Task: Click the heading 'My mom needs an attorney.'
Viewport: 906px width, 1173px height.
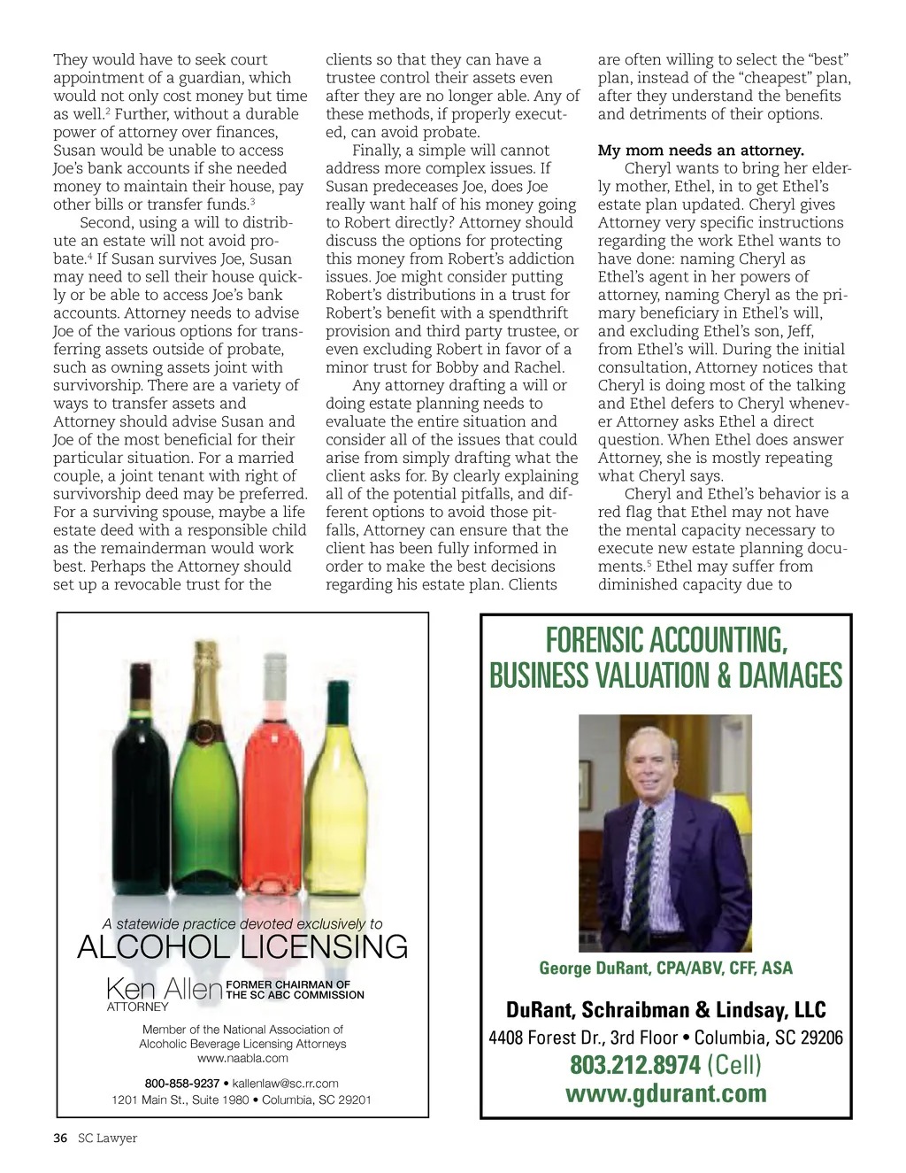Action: point(701,150)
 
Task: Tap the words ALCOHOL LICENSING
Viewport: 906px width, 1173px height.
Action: point(242,948)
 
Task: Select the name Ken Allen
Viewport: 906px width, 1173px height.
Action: point(165,988)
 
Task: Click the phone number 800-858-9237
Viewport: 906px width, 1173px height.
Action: point(182,1083)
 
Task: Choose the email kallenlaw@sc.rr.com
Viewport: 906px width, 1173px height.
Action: point(285,1083)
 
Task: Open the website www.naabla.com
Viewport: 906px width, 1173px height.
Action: point(242,1058)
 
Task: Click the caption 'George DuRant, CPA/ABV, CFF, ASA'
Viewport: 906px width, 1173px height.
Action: point(666,968)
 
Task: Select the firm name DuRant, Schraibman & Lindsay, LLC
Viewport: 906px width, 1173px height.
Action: point(666,1010)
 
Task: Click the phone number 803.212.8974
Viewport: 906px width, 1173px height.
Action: point(634,1065)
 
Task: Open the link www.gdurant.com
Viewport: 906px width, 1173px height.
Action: point(666,1094)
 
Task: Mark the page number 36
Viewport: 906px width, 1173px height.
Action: point(60,1138)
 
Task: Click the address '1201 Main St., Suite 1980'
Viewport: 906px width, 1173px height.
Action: point(180,1100)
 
